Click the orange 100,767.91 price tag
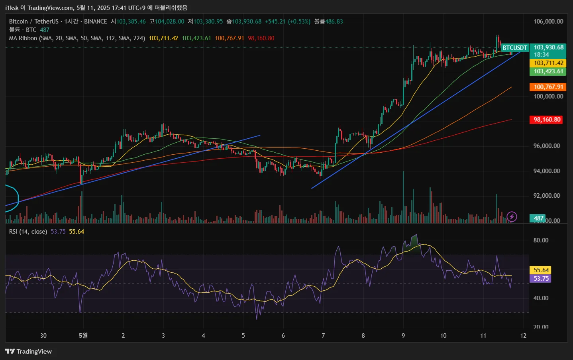pos(548,87)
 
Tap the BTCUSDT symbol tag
pos(514,48)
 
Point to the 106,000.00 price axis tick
pos(548,22)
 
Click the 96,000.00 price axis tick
pos(547,146)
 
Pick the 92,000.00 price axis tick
pos(547,196)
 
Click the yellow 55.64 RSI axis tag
pos(541,270)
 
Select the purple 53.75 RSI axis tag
pos(541,279)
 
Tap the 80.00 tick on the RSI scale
pos(541,240)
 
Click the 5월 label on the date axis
pos(83,336)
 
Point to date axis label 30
pos(43,336)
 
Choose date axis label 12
pos(523,336)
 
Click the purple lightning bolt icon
pos(512,217)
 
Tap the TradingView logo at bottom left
pos(28,351)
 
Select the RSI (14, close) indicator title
pos(28,232)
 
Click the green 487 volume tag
pos(538,218)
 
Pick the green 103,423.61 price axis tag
pos(548,71)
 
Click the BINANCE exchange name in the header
pos(95,22)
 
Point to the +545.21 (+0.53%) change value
pos(287,22)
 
